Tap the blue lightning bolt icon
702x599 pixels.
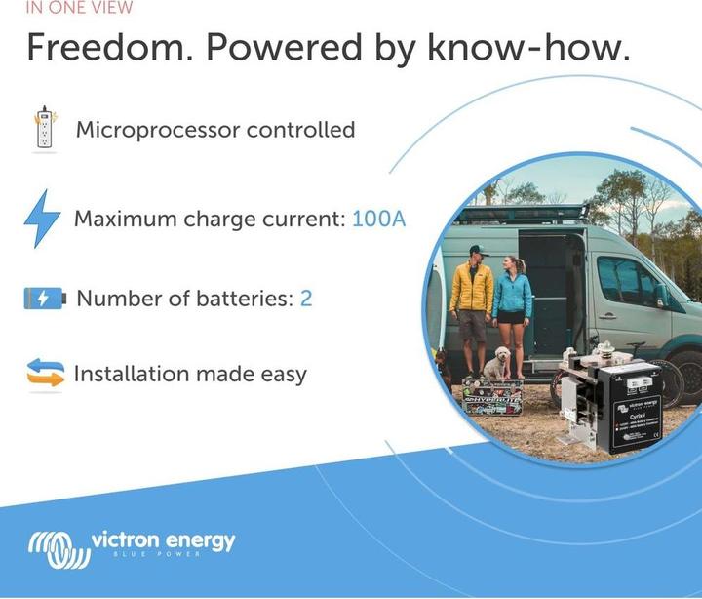[x=42, y=218]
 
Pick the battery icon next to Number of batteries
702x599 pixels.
[x=44, y=299]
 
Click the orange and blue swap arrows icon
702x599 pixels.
[x=45, y=373]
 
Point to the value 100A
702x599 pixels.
[x=378, y=219]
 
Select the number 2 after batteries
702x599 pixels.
[x=306, y=299]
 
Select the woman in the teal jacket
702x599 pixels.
[x=512, y=302]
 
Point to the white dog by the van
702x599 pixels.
[x=498, y=363]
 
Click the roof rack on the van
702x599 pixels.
[x=526, y=213]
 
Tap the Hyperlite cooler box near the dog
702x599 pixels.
[x=492, y=398]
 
